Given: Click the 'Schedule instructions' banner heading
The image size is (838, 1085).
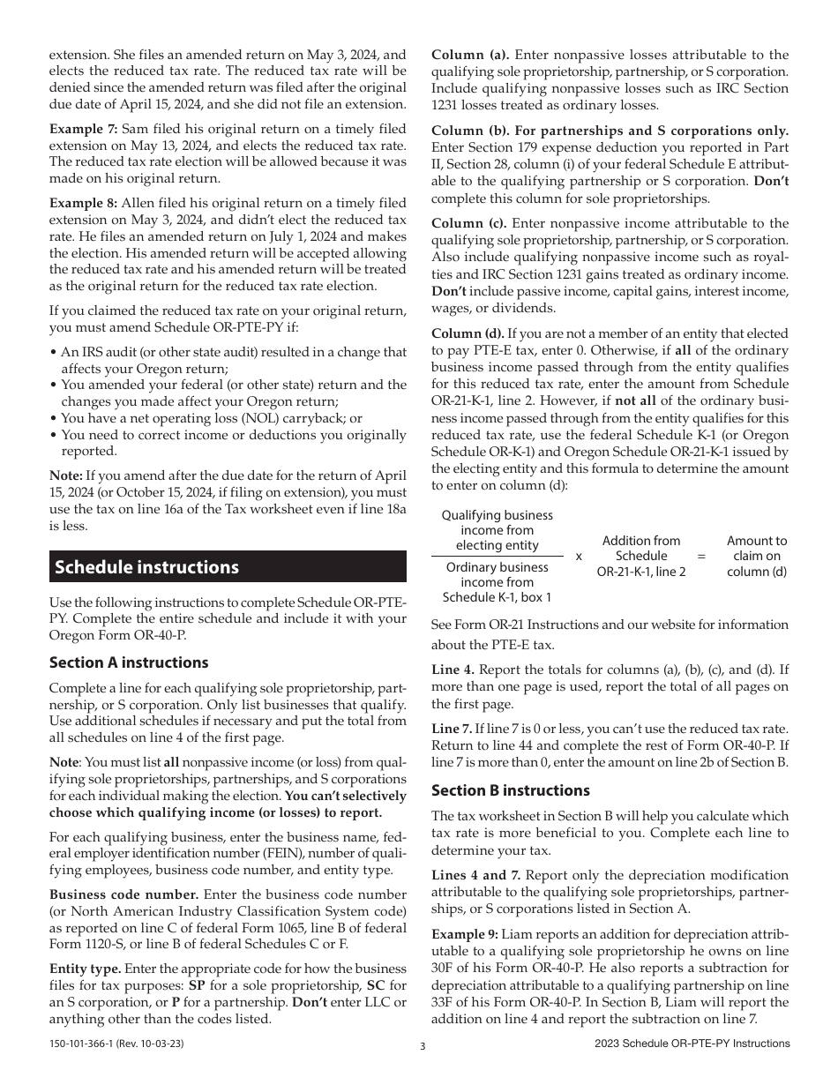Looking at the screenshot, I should click(x=146, y=567).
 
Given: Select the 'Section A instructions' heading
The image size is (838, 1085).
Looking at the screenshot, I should click(x=129, y=662).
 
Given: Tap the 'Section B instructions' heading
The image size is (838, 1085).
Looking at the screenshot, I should click(x=511, y=790).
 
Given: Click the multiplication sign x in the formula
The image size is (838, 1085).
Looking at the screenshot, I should click(x=579, y=557).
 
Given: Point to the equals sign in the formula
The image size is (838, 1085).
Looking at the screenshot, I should click(x=702, y=557).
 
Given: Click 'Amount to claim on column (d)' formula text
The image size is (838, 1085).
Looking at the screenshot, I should click(x=756, y=556).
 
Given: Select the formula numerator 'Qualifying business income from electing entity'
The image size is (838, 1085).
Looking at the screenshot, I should click(x=497, y=530).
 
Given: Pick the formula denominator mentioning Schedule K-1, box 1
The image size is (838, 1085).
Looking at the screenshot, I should click(x=497, y=582).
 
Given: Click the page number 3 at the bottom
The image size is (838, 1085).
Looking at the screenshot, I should click(x=422, y=1047).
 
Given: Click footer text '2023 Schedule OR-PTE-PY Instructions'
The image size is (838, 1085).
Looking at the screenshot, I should click(x=692, y=1044).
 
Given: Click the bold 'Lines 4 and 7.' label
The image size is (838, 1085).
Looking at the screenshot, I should click(x=475, y=875).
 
